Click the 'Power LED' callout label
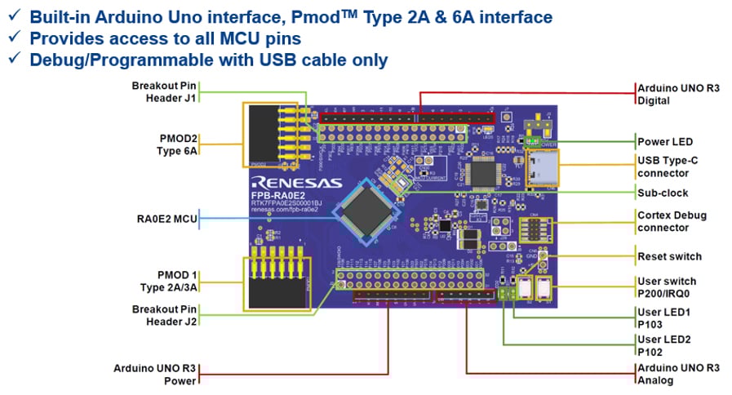665,141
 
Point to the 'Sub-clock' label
663,193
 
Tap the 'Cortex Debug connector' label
671,221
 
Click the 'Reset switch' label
669,256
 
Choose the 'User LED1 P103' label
663,317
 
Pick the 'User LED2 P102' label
663,345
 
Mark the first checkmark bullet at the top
14,17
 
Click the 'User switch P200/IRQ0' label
667,287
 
